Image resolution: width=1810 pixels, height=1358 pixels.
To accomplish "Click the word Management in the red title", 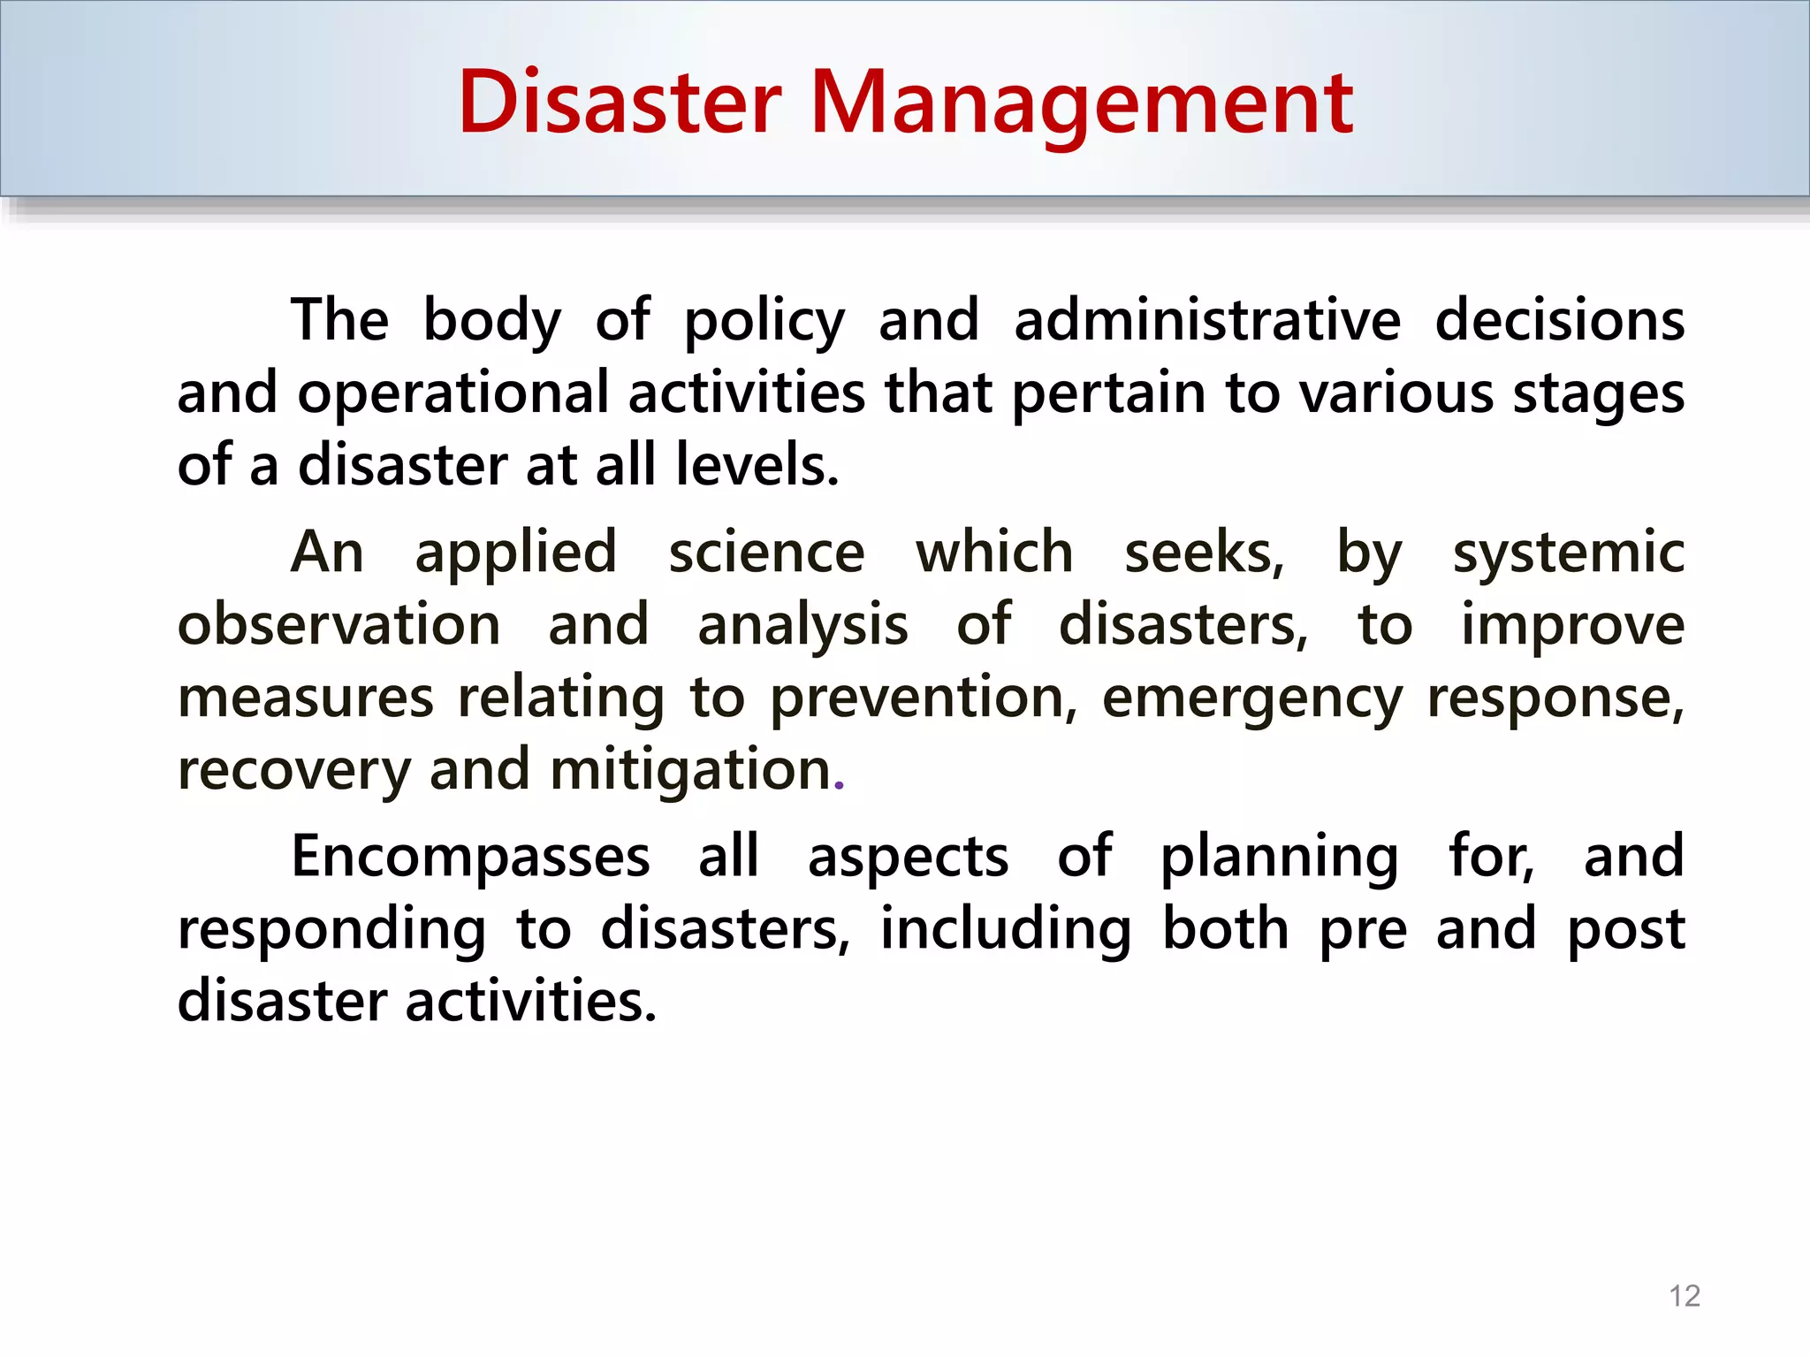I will (x=1081, y=104).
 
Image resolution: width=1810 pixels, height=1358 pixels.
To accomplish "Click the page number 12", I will (x=1685, y=1295).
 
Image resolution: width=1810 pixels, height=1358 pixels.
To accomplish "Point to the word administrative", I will (x=1206, y=320).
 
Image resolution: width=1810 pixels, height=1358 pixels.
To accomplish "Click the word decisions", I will (x=1559, y=320).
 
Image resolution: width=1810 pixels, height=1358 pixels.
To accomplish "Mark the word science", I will (x=765, y=553).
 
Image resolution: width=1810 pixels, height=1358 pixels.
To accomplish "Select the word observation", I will (x=339, y=625).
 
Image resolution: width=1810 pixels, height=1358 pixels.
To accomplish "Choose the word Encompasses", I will (x=470, y=858).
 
